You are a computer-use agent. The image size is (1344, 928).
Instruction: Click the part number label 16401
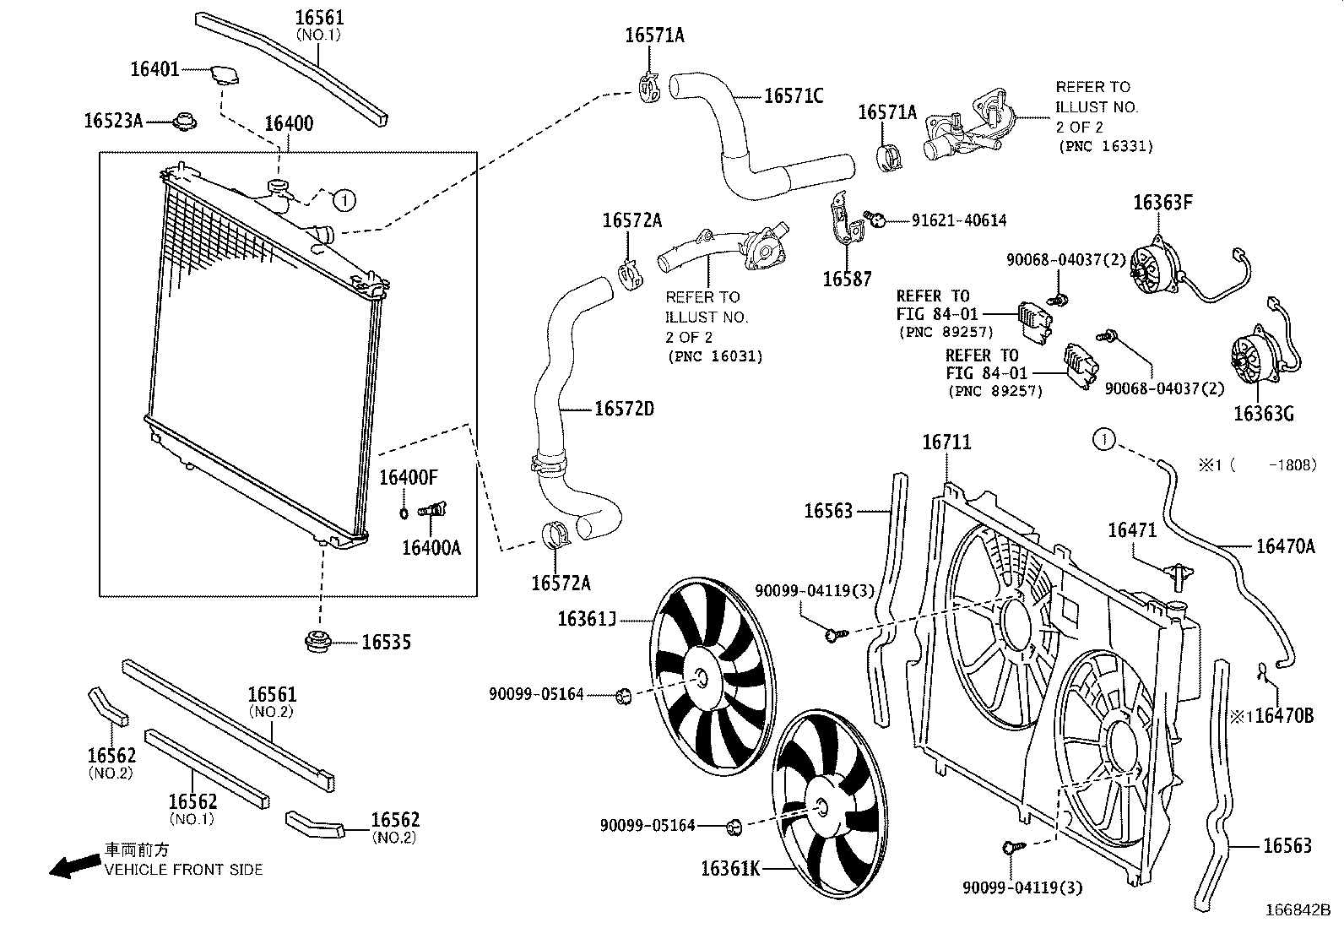pos(154,69)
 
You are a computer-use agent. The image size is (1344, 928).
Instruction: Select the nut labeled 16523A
pos(183,122)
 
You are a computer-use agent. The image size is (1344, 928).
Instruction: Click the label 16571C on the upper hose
pos(793,96)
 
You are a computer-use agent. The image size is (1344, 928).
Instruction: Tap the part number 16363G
pos(1263,414)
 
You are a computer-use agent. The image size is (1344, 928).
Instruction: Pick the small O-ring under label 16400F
pos(404,512)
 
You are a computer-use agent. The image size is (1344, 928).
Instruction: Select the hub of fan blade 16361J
pos(702,678)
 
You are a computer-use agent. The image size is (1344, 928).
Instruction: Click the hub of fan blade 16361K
pos(821,806)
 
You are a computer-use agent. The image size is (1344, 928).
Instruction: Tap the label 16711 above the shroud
pos(946,442)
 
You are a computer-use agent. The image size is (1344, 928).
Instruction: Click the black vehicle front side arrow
pos(71,866)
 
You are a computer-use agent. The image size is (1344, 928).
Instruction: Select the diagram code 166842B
pos(1297,911)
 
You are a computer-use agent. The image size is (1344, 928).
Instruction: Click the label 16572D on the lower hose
pos(624,409)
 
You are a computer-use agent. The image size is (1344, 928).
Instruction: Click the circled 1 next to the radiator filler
pos(343,200)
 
